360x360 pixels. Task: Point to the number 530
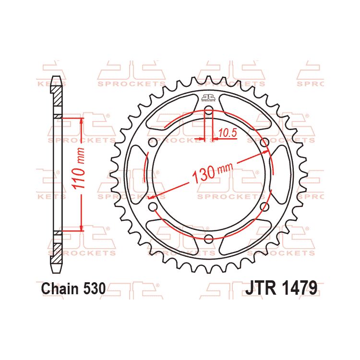tap(93, 288)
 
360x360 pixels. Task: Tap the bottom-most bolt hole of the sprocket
tap(209, 240)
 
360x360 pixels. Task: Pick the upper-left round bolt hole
tap(153, 143)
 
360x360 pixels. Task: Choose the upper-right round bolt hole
tap(264, 143)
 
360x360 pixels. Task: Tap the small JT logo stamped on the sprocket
tap(208, 98)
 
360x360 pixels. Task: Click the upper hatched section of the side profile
tap(57, 96)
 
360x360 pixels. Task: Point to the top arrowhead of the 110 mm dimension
tap(82, 120)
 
